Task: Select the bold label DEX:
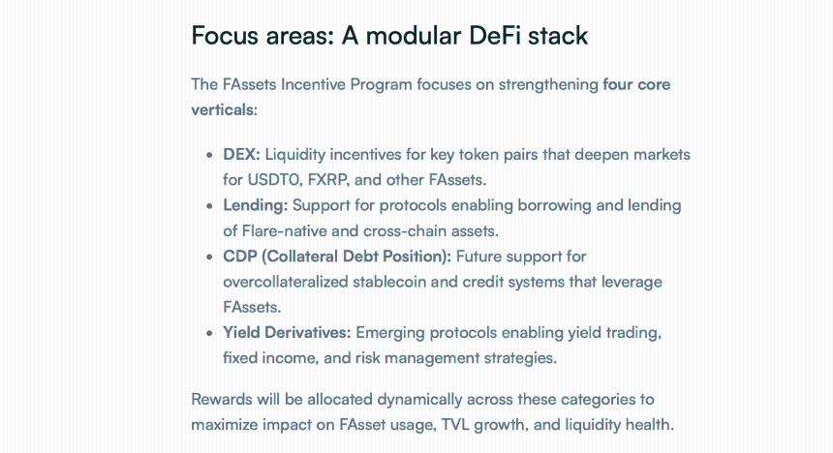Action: pos(241,155)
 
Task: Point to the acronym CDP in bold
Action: pos(240,257)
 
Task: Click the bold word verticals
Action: pos(222,109)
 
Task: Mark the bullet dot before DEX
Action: pos(210,156)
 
